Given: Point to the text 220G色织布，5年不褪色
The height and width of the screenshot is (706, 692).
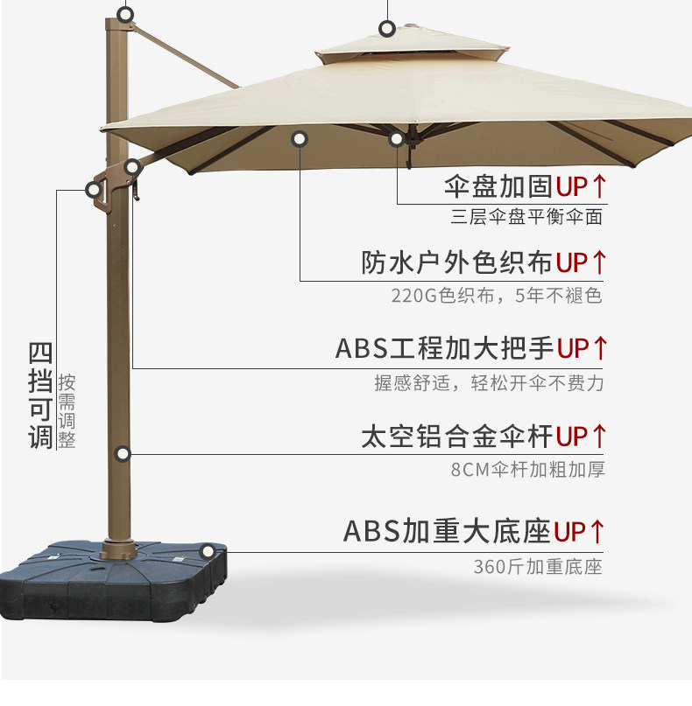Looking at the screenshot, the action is point(497,296).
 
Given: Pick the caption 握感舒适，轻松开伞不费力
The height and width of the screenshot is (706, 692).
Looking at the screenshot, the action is point(490,383).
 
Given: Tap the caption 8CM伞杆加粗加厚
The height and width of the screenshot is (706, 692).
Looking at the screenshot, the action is point(527,470).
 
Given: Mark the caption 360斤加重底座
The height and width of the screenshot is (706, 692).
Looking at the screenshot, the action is point(538,566).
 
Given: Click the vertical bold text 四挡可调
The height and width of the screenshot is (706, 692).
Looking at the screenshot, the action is point(40,396).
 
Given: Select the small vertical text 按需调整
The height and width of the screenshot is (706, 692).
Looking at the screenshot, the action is point(67,411).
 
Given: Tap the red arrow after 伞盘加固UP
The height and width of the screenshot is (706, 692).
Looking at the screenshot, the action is point(599,186).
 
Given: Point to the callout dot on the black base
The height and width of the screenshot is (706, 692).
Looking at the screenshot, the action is point(208,551).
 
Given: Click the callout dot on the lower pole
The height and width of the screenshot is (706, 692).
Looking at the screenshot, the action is point(123,453).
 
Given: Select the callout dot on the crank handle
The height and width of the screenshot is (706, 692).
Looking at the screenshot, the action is point(93,190).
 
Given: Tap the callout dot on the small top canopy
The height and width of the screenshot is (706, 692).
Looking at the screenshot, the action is point(386,29).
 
